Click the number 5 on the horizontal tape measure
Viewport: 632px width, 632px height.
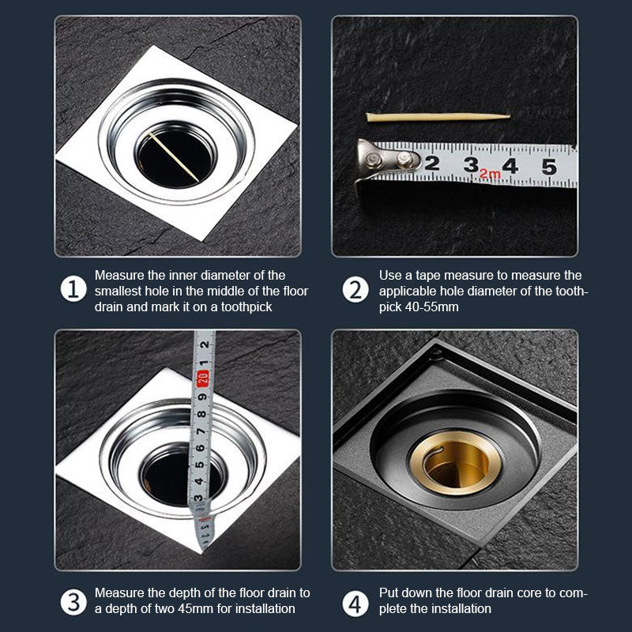coord(548,167)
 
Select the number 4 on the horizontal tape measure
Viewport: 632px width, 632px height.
coord(510,167)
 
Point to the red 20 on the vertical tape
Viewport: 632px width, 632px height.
coord(203,378)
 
